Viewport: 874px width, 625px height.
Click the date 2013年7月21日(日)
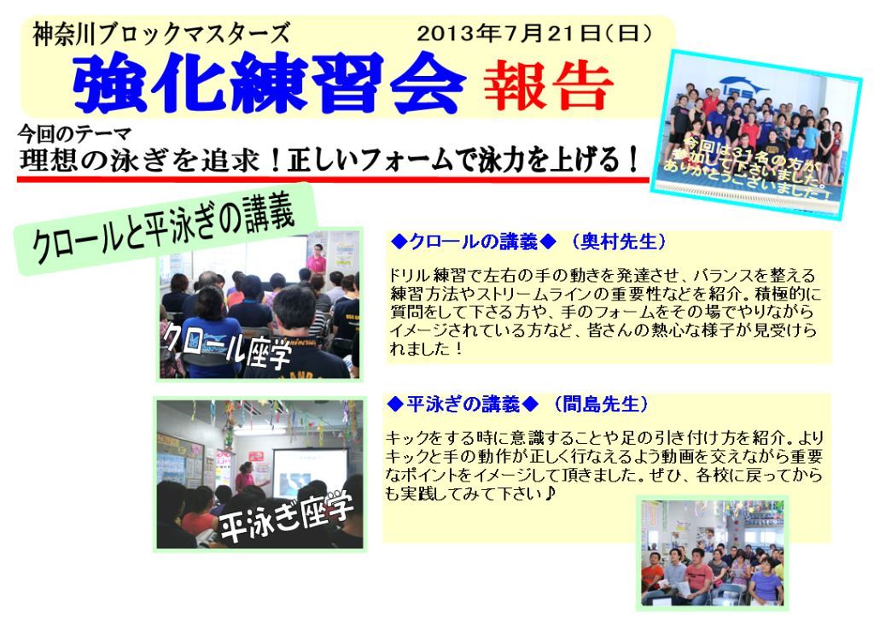click(x=533, y=33)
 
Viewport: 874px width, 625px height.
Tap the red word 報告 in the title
click(x=549, y=85)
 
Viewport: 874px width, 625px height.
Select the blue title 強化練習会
click(x=269, y=83)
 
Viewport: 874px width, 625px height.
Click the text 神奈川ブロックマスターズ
click(x=161, y=34)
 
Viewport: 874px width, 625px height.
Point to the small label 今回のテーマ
click(x=75, y=134)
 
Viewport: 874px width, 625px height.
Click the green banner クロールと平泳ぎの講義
click(x=165, y=229)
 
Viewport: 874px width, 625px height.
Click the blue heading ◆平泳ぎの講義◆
click(x=463, y=404)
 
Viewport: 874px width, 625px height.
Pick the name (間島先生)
click(x=601, y=404)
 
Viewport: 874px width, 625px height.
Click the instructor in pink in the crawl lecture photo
click(x=316, y=259)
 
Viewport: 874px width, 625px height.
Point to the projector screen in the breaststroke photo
click(x=309, y=472)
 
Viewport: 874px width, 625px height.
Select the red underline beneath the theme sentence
click(x=334, y=179)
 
